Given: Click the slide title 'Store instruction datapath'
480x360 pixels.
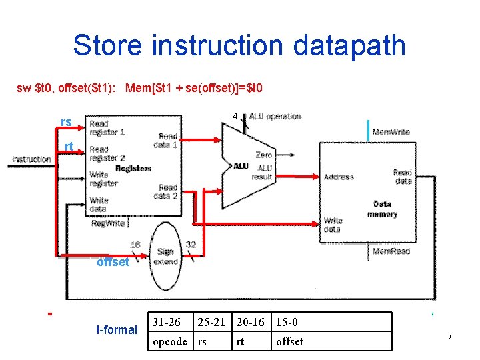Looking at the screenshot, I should click(x=239, y=45).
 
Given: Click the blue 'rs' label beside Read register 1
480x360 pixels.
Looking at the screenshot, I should click(x=66, y=122).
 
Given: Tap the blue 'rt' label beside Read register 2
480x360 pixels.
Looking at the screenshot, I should click(x=69, y=147).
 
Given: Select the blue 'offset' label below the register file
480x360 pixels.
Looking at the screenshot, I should click(x=113, y=262).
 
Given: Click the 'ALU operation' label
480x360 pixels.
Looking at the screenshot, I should click(x=275, y=116).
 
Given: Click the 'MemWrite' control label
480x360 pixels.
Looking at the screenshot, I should click(x=391, y=132).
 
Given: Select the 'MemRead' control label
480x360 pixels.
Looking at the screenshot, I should click(x=390, y=251).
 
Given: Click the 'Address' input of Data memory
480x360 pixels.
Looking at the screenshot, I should click(x=339, y=177).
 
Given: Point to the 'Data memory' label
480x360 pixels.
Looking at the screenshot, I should click(x=382, y=209).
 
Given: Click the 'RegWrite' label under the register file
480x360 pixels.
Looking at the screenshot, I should click(x=107, y=224).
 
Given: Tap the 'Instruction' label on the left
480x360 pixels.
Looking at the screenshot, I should click(x=31, y=159).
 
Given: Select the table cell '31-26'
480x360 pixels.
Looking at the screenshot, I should click(x=166, y=323).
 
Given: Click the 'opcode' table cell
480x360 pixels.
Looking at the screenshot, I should click(x=170, y=341).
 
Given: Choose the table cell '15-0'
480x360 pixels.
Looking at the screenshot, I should click(x=287, y=323).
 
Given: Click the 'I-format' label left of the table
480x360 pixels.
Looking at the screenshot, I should click(x=117, y=329).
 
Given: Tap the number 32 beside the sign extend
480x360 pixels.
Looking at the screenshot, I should click(x=191, y=245).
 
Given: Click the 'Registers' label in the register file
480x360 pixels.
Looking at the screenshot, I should click(x=133, y=169).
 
